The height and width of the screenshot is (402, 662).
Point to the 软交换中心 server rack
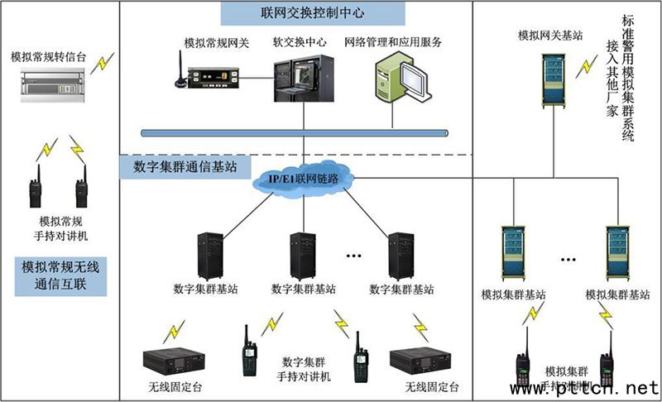point(303,79)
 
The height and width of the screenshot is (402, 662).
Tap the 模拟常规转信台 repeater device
point(55,82)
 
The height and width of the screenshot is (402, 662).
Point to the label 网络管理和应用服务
point(393,41)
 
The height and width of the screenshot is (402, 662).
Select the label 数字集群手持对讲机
point(305,369)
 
